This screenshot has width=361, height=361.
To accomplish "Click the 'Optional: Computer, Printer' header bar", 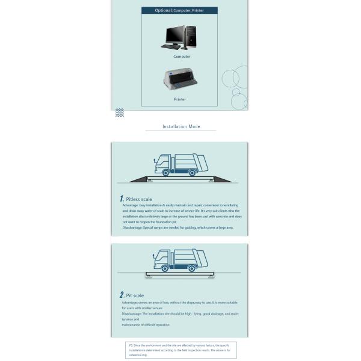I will (x=179, y=10).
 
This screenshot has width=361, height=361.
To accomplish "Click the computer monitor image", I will (x=176, y=36).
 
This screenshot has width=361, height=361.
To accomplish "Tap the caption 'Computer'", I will (x=182, y=57).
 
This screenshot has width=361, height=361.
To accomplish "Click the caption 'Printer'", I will (x=180, y=99).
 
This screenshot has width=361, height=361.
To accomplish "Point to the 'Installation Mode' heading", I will (x=181, y=126).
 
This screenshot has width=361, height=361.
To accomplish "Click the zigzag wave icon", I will (x=120, y=113).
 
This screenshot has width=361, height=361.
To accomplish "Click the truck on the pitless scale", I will (x=181, y=164).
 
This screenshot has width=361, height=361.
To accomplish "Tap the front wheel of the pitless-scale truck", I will (x=165, y=173).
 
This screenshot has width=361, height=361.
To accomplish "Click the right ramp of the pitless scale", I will (x=221, y=179).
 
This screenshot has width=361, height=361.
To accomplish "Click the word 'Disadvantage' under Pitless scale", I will (x=132, y=228).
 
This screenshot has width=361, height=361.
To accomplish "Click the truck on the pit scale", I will (x=180, y=260).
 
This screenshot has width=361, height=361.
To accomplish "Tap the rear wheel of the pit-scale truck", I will (x=192, y=268).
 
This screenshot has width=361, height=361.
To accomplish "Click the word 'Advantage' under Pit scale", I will (x=129, y=303).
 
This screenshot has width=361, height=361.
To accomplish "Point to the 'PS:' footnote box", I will (x=180, y=350).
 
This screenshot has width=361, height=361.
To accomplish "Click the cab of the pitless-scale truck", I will (x=162, y=164).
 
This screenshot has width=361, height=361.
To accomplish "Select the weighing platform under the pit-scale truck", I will (x=180, y=275).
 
